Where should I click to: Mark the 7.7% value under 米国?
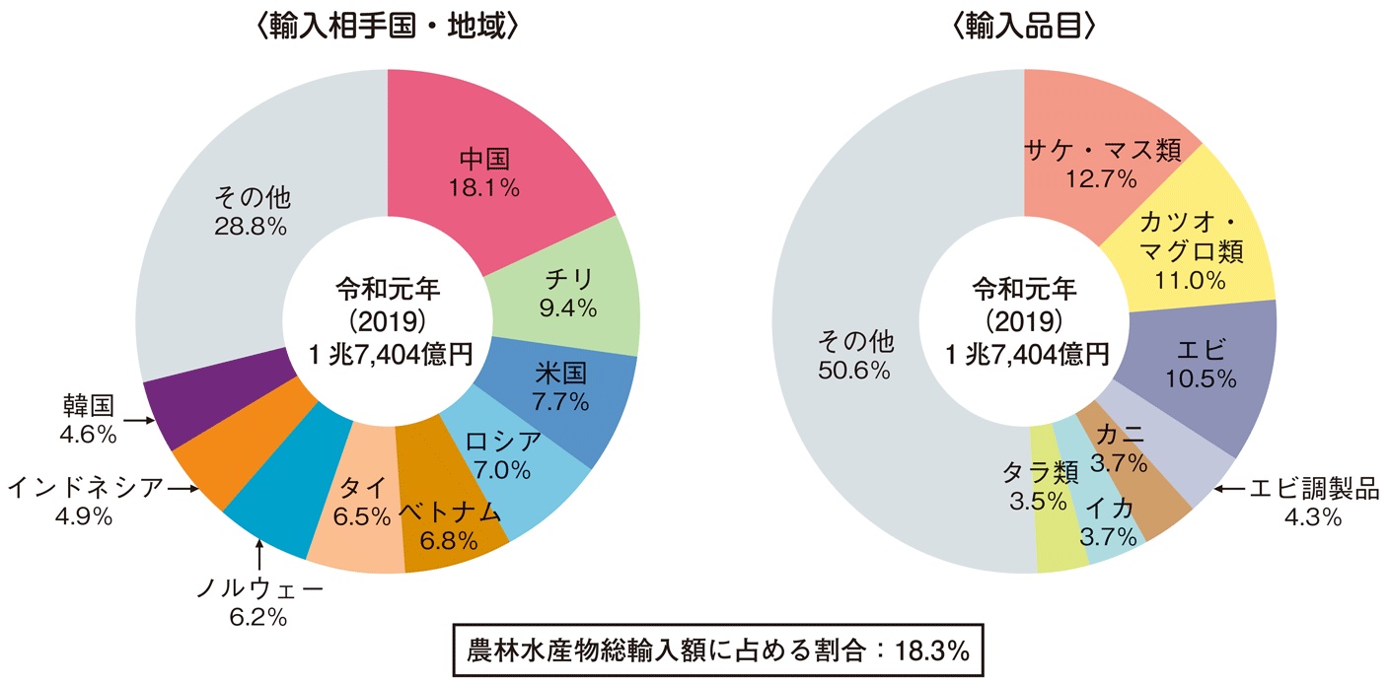[562, 401]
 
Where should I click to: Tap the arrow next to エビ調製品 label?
[1229, 487]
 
